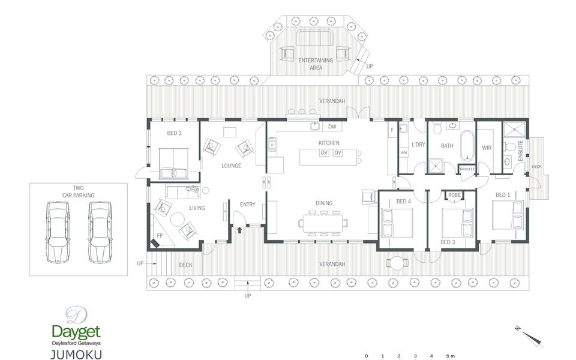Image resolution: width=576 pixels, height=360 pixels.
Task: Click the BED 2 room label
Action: tap(174, 133)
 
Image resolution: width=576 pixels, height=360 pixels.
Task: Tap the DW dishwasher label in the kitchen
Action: tap(332, 127)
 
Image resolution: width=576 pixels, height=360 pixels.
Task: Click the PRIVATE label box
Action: tap(467, 169)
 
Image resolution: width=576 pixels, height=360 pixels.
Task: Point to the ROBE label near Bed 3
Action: tap(454, 195)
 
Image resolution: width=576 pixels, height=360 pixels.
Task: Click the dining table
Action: tap(323, 223)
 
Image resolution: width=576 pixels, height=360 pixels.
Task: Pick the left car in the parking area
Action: tap(58, 232)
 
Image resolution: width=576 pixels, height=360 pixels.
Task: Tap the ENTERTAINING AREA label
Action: tap(316, 64)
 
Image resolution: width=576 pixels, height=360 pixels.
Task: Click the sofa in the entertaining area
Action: tap(315, 38)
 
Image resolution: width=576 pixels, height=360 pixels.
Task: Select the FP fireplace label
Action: tap(160, 235)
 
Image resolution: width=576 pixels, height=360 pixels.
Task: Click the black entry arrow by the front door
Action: tap(239, 230)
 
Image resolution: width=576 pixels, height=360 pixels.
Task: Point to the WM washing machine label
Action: tap(404, 152)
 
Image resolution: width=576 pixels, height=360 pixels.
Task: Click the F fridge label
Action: tap(392, 130)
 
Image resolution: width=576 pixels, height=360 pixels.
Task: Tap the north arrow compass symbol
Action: tap(530, 337)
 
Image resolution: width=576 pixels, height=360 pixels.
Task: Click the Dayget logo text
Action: tap(76, 332)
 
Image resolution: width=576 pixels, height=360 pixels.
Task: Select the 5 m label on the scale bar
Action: tap(451, 356)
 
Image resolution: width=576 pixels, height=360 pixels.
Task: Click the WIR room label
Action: tap(487, 148)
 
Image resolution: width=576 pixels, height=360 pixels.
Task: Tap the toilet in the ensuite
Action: tap(510, 147)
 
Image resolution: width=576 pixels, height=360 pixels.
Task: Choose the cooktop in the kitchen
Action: tap(272, 144)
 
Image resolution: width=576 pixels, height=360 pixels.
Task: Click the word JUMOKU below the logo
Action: tap(76, 354)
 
